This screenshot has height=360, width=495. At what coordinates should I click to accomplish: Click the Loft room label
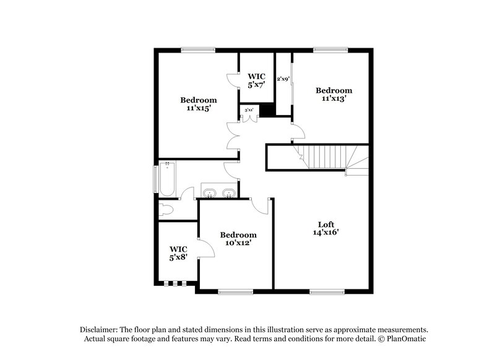pyautogui.click(x=325, y=224)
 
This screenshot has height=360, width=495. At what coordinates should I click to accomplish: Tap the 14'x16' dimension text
pyautogui.click(x=325, y=233)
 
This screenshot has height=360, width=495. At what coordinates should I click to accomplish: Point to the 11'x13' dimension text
pyautogui.click(x=333, y=98)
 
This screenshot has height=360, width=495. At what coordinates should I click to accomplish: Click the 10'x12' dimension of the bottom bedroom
pyautogui.click(x=238, y=243)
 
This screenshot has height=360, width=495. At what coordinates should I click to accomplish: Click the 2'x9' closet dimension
pyautogui.click(x=283, y=79)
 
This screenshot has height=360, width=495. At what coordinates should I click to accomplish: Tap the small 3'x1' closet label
pyautogui.click(x=249, y=110)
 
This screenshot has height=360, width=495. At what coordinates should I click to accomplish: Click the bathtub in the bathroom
pyautogui.click(x=167, y=180)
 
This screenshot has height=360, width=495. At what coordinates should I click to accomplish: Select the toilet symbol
pyautogui.click(x=166, y=208)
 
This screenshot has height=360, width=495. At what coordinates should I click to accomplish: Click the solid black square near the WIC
pyautogui.click(x=267, y=109)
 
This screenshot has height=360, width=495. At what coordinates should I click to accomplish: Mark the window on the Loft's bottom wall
pyautogui.click(x=326, y=291)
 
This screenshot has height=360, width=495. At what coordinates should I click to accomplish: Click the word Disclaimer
pyautogui.click(x=99, y=330)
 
